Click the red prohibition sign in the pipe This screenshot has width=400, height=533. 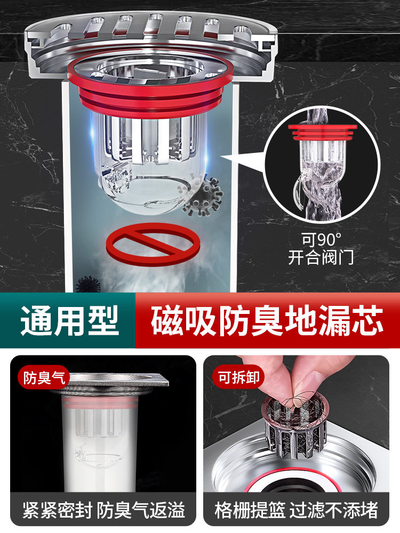click(x=153, y=244)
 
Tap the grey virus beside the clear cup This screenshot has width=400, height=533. click(x=202, y=197)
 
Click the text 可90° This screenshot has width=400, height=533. click(x=321, y=239)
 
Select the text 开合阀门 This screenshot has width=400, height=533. click(x=321, y=257)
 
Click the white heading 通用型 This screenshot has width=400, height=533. click(x=69, y=320)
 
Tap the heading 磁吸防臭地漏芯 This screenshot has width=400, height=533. click(x=267, y=321)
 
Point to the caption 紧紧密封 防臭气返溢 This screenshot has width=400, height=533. click(x=103, y=510)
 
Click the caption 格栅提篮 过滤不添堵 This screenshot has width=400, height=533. click(x=296, y=510)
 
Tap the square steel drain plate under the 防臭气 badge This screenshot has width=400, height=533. click(x=112, y=382)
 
